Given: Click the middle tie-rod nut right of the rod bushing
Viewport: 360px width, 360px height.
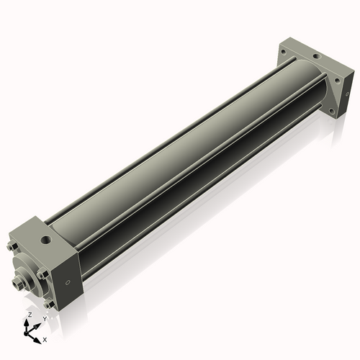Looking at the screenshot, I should [x=44, y=274].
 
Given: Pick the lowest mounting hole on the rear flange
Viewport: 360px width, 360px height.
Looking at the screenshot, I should [x=332, y=112].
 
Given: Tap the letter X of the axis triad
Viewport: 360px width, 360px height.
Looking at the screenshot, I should [x=45, y=338].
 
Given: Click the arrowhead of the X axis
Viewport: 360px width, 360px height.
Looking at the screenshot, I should [x=38, y=336].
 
